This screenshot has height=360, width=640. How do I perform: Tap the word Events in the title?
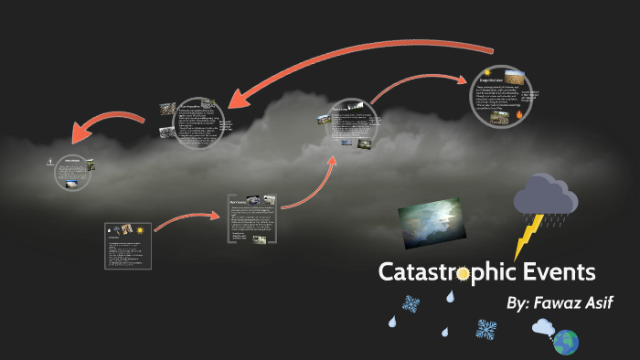(x=560, y=271)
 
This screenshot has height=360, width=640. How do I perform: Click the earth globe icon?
(x=566, y=342)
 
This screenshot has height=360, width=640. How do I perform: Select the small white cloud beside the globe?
(x=544, y=327)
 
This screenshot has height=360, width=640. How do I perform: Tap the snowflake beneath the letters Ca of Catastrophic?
(x=411, y=305)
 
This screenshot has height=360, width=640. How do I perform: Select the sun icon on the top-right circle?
(x=487, y=72)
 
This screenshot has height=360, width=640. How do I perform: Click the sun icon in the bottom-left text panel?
(x=140, y=229)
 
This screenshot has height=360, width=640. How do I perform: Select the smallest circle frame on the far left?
(x=71, y=173)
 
